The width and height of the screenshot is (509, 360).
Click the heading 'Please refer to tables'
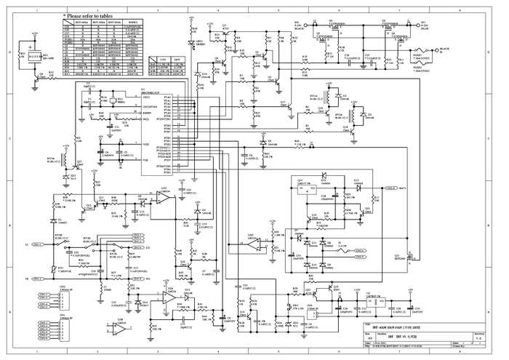(94, 15)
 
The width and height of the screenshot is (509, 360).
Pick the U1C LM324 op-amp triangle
(164, 197)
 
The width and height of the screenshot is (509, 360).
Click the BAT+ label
(401, 188)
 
